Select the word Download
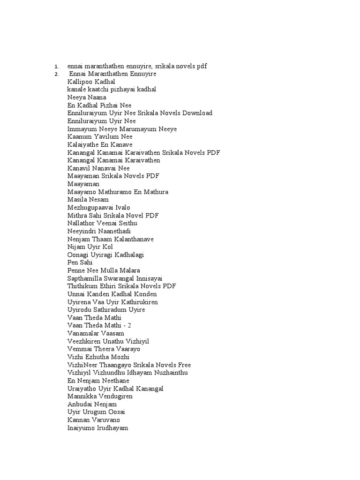(197, 113)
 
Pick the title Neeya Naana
(86, 97)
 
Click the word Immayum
(82, 129)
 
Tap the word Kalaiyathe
(83, 145)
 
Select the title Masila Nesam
(88, 200)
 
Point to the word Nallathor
(82, 224)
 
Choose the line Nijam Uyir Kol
(90, 247)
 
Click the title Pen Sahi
(80, 263)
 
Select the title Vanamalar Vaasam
(96, 333)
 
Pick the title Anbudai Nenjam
(92, 404)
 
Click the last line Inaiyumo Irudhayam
(97, 428)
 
